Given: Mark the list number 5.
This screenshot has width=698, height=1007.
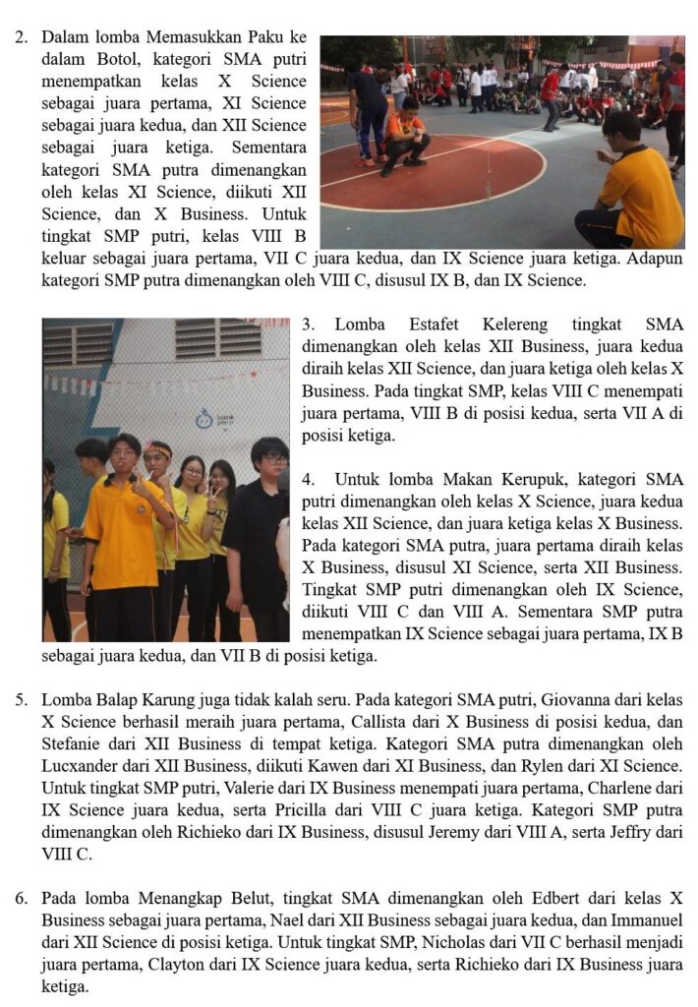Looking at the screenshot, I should click(x=21, y=700).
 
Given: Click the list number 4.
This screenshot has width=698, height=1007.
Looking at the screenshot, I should click(x=308, y=480).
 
